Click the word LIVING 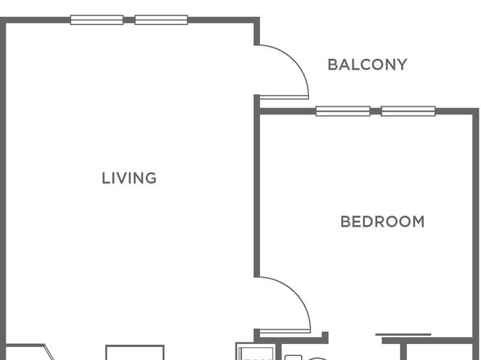pyautogui.click(x=129, y=178)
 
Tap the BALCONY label pyautogui.click(x=367, y=65)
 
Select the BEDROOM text pyautogui.click(x=383, y=222)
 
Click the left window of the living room pyautogui.click(x=97, y=20)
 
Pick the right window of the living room pyautogui.click(x=161, y=20)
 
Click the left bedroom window pyautogui.click(x=343, y=111)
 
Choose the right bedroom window pyautogui.click(x=408, y=111)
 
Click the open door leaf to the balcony pyautogui.click(x=284, y=98)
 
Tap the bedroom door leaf pyautogui.click(x=285, y=331)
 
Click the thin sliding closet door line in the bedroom pyautogui.click(x=403, y=334)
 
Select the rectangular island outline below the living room pyautogui.click(x=135, y=346)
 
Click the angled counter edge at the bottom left pyautogui.click(x=49, y=352)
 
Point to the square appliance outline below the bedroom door pyautogui.click(x=256, y=351)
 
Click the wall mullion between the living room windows pyautogui.click(x=129, y=20)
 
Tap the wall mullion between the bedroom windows pyautogui.click(x=375, y=111)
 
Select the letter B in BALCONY pyautogui.click(x=333, y=65)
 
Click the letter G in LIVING pyautogui.click(x=151, y=178)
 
